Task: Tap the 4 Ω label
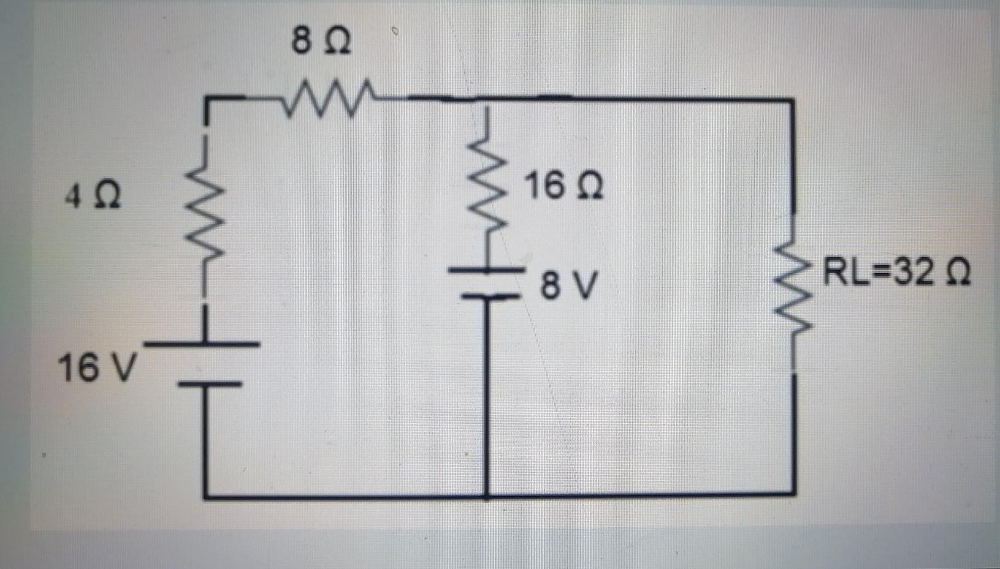click(x=93, y=197)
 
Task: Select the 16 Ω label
click(x=564, y=186)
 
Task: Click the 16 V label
click(x=96, y=368)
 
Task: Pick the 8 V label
click(x=568, y=285)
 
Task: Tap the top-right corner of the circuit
click(x=793, y=99)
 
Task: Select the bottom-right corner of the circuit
click(x=794, y=493)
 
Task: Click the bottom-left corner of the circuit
click(x=205, y=494)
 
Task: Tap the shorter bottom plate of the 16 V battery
click(x=208, y=384)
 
